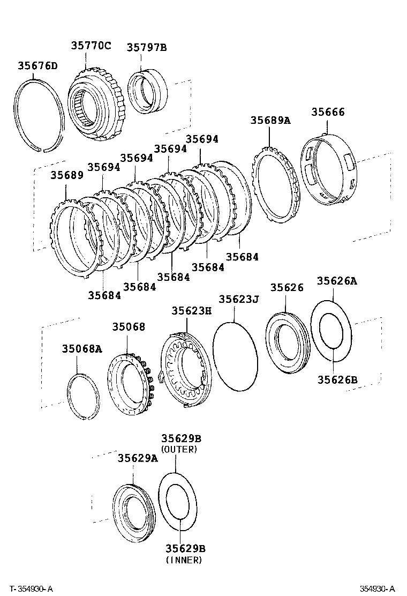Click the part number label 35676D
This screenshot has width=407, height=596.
coord(37,66)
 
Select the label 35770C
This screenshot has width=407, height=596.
coord(91,46)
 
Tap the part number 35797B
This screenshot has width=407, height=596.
coord(147,48)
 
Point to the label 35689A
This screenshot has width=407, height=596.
coord(270,120)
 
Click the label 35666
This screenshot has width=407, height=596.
coord(328,112)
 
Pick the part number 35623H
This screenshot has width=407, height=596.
coord(191,310)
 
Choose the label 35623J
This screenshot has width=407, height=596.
coord(239,299)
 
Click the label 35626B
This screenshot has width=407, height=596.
coord(337,379)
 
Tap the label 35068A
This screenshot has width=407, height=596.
coord(81,349)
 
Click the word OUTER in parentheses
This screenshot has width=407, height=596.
coord(179,449)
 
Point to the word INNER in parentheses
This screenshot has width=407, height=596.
coord(184,560)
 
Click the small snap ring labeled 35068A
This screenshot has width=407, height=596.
coord(83,396)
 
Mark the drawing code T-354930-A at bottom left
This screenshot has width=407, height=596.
coord(31,588)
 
